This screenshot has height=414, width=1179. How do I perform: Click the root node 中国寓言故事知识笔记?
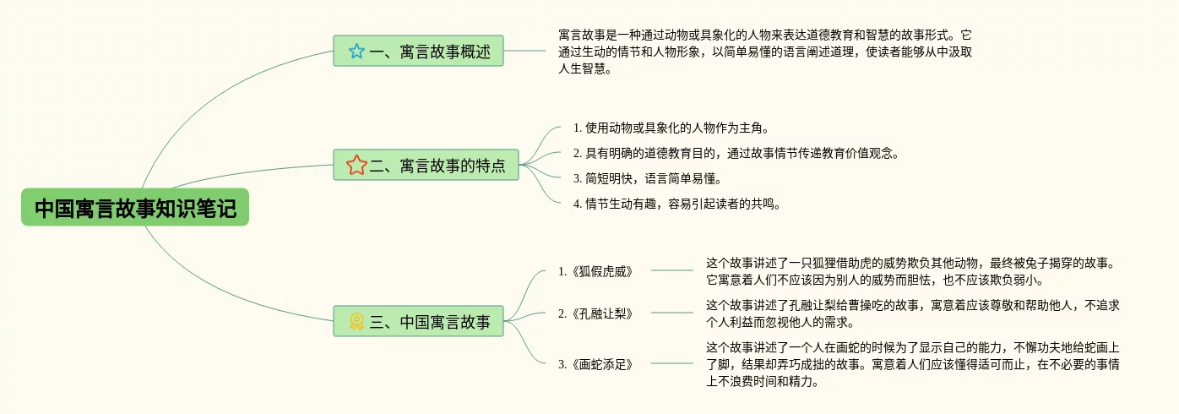coord(135,208)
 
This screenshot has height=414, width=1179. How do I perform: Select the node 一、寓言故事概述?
coord(418,52)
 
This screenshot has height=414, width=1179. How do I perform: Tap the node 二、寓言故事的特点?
coord(427,165)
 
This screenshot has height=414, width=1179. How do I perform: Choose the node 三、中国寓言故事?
coord(418,321)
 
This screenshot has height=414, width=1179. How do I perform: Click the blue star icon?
coord(356,52)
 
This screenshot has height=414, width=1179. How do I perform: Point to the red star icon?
coord(356,165)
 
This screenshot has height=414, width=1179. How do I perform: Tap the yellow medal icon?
coord(356,321)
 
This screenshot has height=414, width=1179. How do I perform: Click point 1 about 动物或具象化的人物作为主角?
coord(671,128)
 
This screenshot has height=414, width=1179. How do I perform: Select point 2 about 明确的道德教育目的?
coord(735,154)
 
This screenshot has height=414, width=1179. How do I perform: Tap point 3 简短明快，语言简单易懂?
coord(647,178)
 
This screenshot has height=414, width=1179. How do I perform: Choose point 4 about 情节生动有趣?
coord(676,204)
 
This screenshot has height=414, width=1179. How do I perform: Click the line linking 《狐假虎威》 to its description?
coord(672,271)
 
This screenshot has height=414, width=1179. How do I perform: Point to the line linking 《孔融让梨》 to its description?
coord(672,313)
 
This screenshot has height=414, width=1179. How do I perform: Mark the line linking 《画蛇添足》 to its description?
coord(672,364)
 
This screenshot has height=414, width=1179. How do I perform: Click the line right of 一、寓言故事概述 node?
coord(524,52)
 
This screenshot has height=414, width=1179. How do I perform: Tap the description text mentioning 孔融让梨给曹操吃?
coord(912,313)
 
